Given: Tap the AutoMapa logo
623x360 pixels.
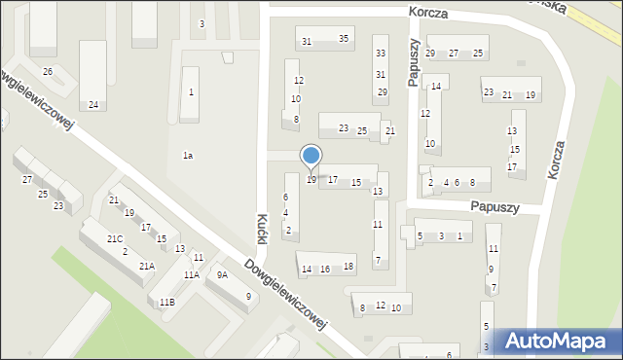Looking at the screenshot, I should [x=557, y=341].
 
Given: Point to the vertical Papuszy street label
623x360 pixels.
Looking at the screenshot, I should [x=414, y=62].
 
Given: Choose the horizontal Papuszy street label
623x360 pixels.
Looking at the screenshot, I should [x=495, y=207].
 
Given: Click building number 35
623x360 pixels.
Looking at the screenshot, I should [x=343, y=39].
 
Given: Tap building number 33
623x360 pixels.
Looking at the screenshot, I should [x=381, y=54].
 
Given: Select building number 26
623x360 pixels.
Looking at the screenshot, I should [x=47, y=72].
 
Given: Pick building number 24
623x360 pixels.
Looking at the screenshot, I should [x=93, y=105].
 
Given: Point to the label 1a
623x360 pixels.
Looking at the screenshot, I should [x=188, y=156].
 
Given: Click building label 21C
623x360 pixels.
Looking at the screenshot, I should [x=115, y=239].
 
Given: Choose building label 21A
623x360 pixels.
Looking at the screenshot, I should [x=146, y=266].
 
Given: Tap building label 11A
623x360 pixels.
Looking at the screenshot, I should [x=191, y=275].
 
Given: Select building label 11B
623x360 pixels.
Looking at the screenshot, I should [x=167, y=303].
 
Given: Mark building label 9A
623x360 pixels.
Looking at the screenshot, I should [x=222, y=275].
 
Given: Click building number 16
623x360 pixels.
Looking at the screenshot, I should [x=325, y=269].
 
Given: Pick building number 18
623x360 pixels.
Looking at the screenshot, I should [x=348, y=266].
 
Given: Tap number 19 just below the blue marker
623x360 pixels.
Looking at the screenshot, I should [x=311, y=180].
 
